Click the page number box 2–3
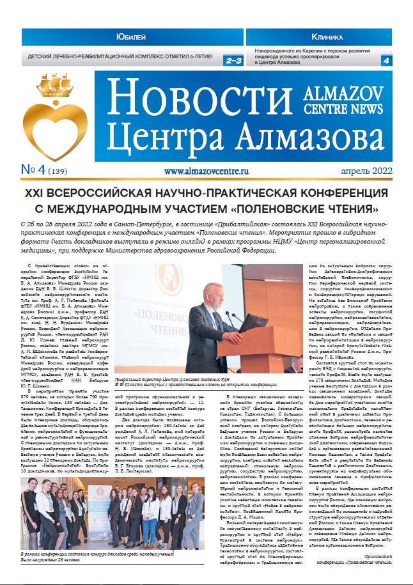[x=231, y=60]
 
